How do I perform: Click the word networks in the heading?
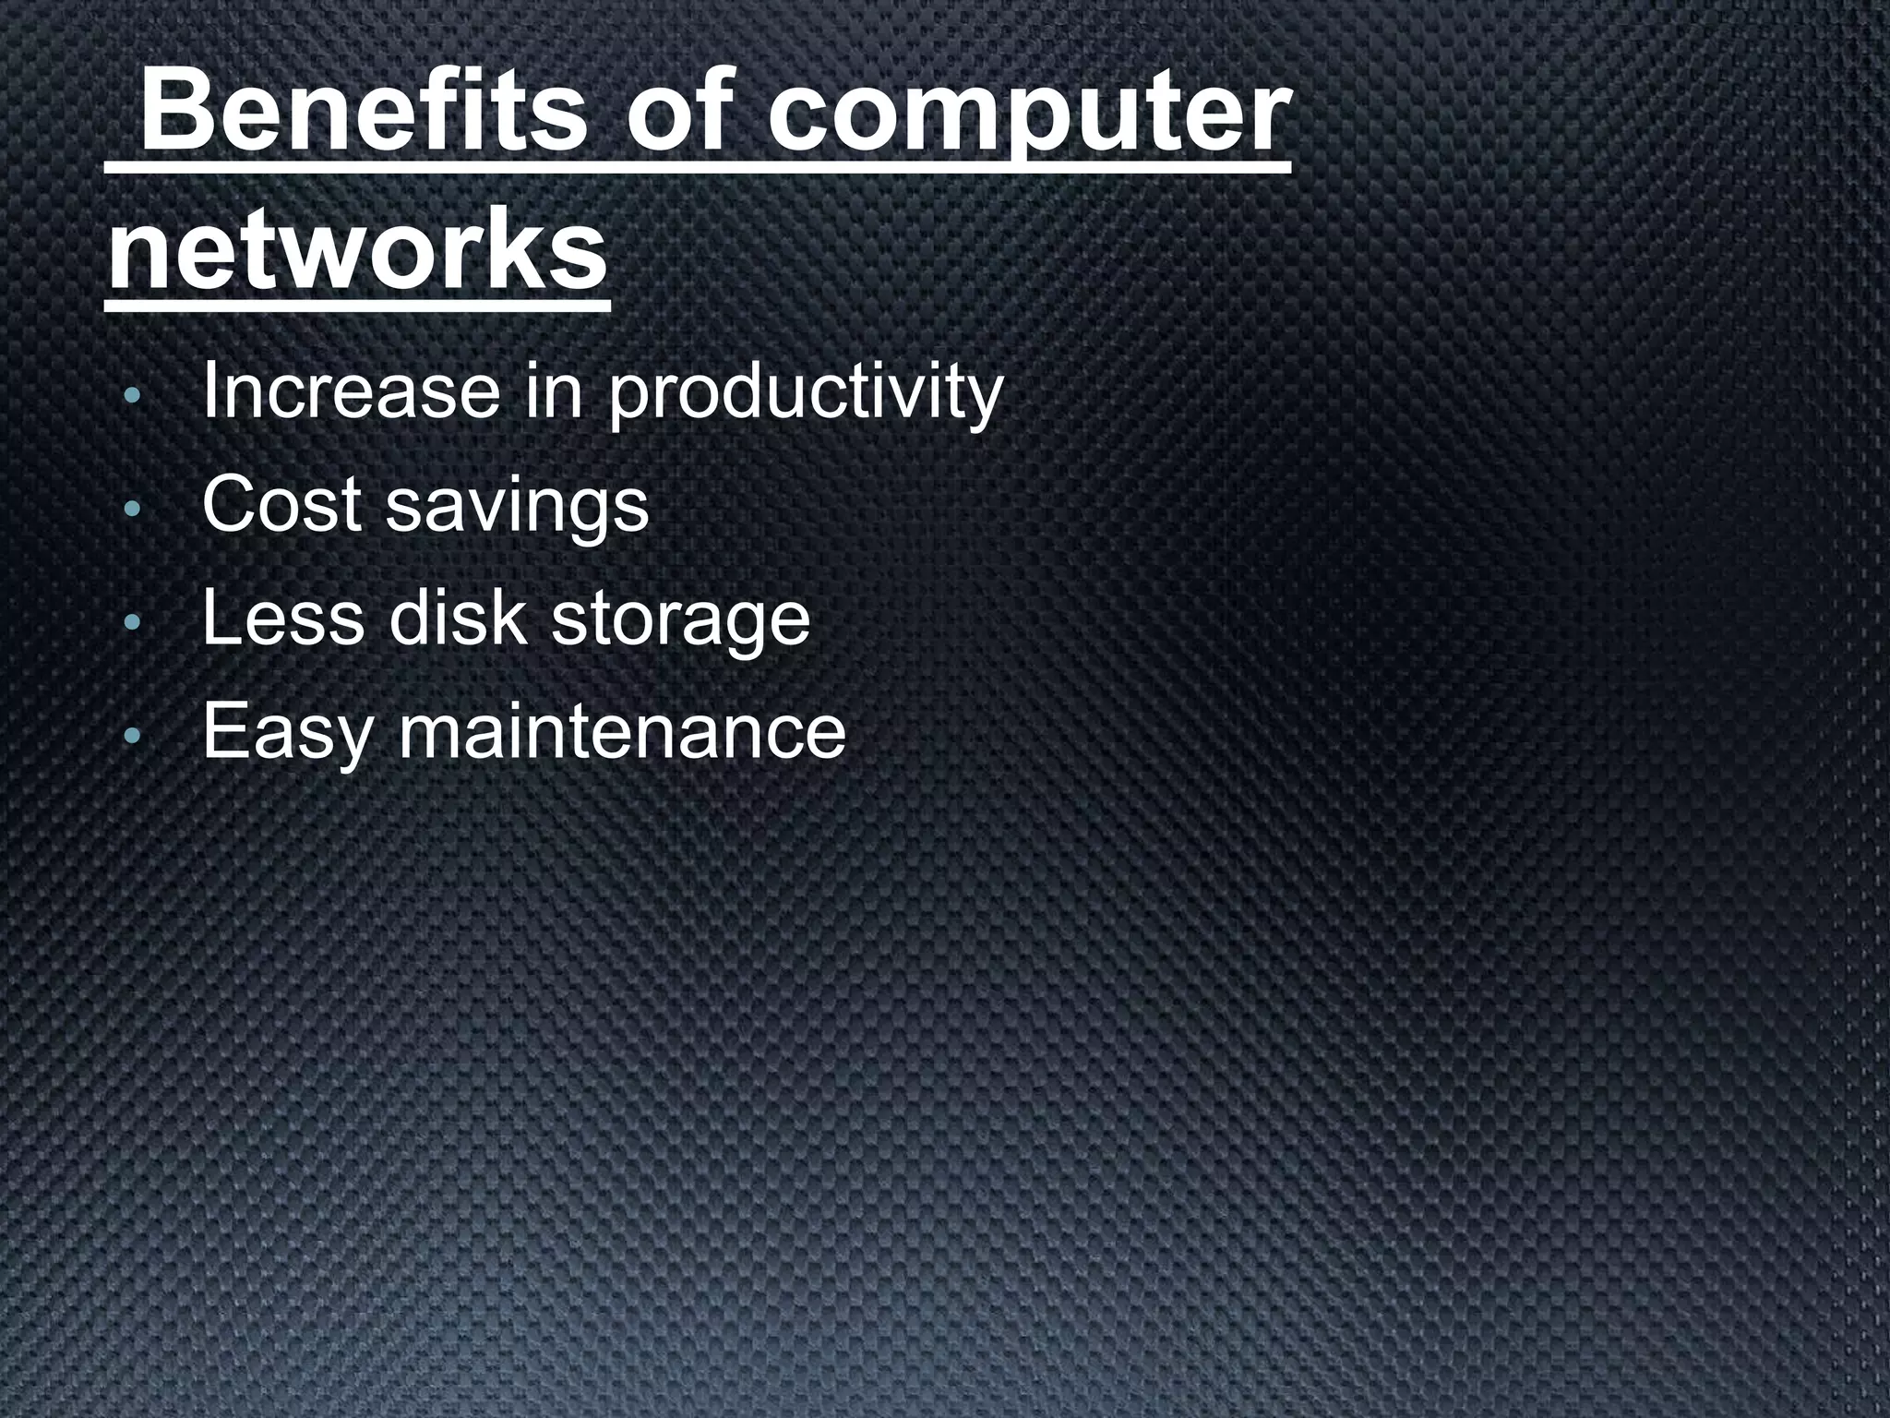[358, 250]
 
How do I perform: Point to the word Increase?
[351, 391]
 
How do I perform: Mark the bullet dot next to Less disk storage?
[132, 623]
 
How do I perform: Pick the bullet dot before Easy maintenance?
[132, 736]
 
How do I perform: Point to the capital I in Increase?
[208, 391]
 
